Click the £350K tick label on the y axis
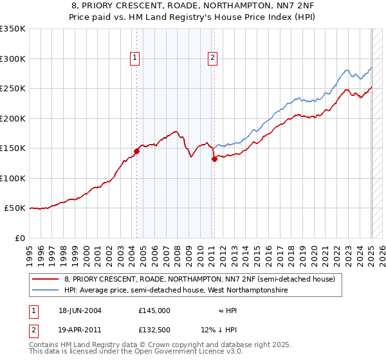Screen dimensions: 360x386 click(13, 29)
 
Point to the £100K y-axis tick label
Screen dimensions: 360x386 click(13, 178)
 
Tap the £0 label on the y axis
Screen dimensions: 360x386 click(19, 238)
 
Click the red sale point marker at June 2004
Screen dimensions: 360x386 click(136, 151)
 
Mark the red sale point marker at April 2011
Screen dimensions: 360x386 click(214, 159)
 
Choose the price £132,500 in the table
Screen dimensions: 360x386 click(154, 330)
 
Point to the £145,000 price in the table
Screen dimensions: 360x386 click(154, 310)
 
